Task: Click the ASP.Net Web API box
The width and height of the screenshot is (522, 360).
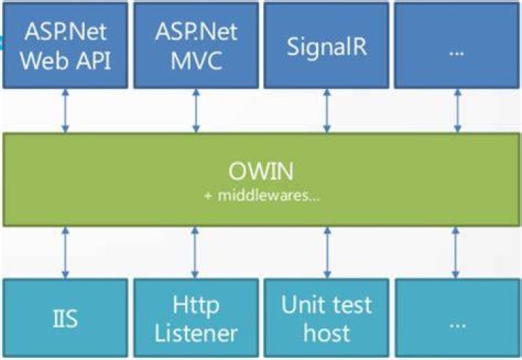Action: pyautogui.click(x=65, y=46)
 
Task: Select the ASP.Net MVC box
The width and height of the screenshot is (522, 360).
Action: pyautogui.click(x=196, y=46)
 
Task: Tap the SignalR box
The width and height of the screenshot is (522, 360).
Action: pyautogui.click(x=326, y=46)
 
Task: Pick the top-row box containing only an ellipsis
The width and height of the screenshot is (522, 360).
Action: pyautogui.click(x=457, y=46)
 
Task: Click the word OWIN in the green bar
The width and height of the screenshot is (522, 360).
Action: pyautogui.click(x=261, y=172)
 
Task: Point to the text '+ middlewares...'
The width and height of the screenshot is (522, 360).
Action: pyautogui.click(x=262, y=196)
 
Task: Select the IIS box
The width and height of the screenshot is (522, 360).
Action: pyautogui.click(x=65, y=318)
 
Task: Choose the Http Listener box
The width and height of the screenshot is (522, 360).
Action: pyautogui.click(x=196, y=318)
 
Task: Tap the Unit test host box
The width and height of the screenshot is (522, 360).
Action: pyautogui.click(x=326, y=318)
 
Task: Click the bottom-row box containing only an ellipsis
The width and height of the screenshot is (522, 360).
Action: pyautogui.click(x=457, y=318)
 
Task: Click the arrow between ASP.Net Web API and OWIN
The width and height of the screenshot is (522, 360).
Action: pyautogui.click(x=65, y=111)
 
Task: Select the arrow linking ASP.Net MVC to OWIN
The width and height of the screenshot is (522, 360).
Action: pyautogui.click(x=196, y=111)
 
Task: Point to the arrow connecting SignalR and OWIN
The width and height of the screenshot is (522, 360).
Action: pyautogui.click(x=327, y=111)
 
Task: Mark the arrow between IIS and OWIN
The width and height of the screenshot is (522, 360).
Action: pyautogui.click(x=65, y=253)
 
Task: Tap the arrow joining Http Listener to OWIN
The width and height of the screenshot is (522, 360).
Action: pyautogui.click(x=195, y=253)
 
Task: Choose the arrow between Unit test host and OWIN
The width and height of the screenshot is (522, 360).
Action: pyautogui.click(x=327, y=253)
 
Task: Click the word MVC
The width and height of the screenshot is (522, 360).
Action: pyautogui.click(x=196, y=61)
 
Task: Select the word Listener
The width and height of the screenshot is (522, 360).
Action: pyautogui.click(x=196, y=333)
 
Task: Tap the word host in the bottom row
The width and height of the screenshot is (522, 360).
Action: pyautogui.click(x=326, y=333)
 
